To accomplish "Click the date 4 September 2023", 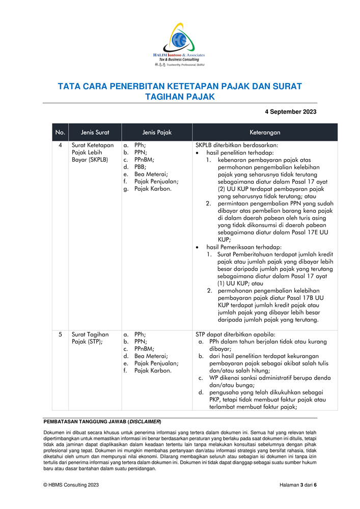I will pyautogui.click(x=291, y=112).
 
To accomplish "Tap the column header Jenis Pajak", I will pyautogui.click(x=157, y=132).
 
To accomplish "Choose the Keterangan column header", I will pyautogui.click(x=265, y=132).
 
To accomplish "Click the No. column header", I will pyautogui.click(x=60, y=132).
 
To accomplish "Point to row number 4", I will pyautogui.click(x=60, y=145).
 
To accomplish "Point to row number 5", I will pyautogui.click(x=60, y=334).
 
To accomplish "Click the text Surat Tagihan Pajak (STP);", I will pyautogui.click(x=90, y=338).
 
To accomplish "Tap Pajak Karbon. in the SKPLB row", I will pyautogui.click(x=153, y=189).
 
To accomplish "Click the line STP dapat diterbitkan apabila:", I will pyautogui.click(x=235, y=334).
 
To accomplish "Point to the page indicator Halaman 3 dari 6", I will pyautogui.click(x=298, y=486).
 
